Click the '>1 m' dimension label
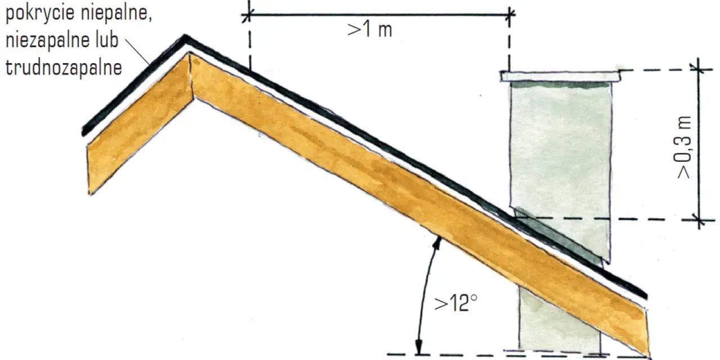(370, 30)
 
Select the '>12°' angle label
(456, 303)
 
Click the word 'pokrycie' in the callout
(40, 13)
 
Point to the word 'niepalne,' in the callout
(116, 13)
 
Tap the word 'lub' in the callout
(107, 40)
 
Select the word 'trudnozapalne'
(64, 68)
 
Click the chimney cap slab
(560, 76)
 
